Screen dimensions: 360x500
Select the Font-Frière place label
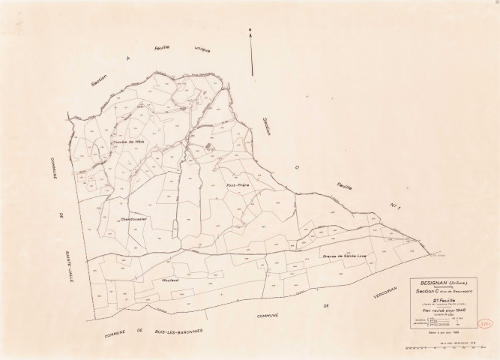point(235,184)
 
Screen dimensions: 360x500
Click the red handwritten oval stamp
point(484,326)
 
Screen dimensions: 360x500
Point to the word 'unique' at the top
point(202,49)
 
